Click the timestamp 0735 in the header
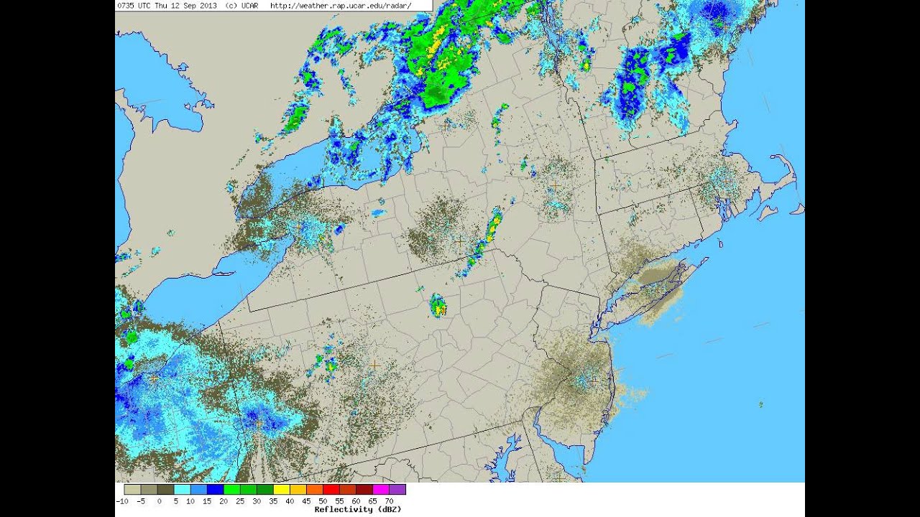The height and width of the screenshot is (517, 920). (x=124, y=5)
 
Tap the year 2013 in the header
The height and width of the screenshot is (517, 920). (x=206, y=5)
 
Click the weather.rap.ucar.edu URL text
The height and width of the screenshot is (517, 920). (x=340, y=5)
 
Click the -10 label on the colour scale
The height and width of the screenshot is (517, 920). (x=122, y=500)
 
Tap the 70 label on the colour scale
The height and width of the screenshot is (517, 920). (x=389, y=500)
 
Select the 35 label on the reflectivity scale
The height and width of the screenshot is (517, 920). (x=274, y=500)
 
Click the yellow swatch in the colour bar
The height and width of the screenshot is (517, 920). (x=282, y=489)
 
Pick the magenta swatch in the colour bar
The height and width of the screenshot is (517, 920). (x=380, y=489)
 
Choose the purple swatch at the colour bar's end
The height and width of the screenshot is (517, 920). (x=397, y=489)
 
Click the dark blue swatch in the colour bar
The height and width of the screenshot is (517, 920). (x=215, y=489)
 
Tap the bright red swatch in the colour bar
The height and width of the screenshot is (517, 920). (x=331, y=489)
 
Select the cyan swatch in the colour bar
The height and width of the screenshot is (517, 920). (x=182, y=489)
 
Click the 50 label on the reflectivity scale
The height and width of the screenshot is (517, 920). (x=323, y=500)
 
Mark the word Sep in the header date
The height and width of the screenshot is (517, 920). (x=189, y=5)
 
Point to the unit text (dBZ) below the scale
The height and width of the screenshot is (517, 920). (x=386, y=509)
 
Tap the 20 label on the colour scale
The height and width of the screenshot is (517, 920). (x=224, y=500)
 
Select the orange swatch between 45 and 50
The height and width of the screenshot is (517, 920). (x=315, y=489)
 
